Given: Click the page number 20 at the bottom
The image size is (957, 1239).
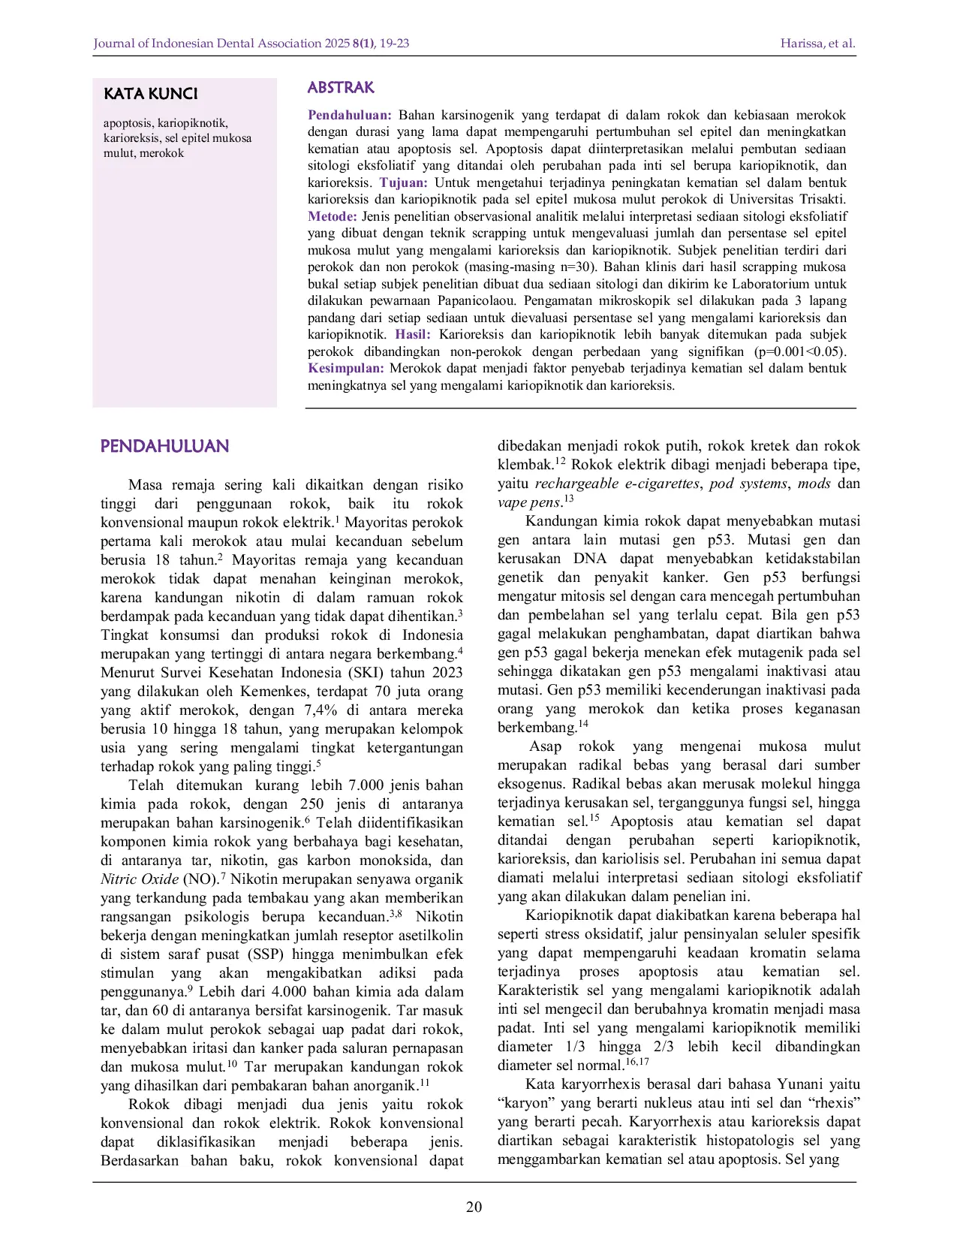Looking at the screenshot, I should coord(474,1207).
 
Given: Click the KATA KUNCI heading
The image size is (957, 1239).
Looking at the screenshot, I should coord(151,94).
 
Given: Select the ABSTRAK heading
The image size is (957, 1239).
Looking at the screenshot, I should coord(341,87).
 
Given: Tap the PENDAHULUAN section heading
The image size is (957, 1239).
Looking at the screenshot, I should coord(164,446).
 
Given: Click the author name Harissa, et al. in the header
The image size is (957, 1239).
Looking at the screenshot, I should coord(817,43).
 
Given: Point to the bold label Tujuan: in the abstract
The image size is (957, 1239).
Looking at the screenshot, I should coord(403,182).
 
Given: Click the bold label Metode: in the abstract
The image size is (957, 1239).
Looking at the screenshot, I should coord(332,216).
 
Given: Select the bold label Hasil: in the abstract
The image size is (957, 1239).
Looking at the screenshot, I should coord(413,334).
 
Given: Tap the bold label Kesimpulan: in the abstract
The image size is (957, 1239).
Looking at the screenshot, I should coord(346,368).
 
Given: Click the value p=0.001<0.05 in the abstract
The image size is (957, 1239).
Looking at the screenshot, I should coord(799,351).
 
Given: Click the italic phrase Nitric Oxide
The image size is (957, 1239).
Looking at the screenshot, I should coord(140,879).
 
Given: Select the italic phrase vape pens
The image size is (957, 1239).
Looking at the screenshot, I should coord(528,502).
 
